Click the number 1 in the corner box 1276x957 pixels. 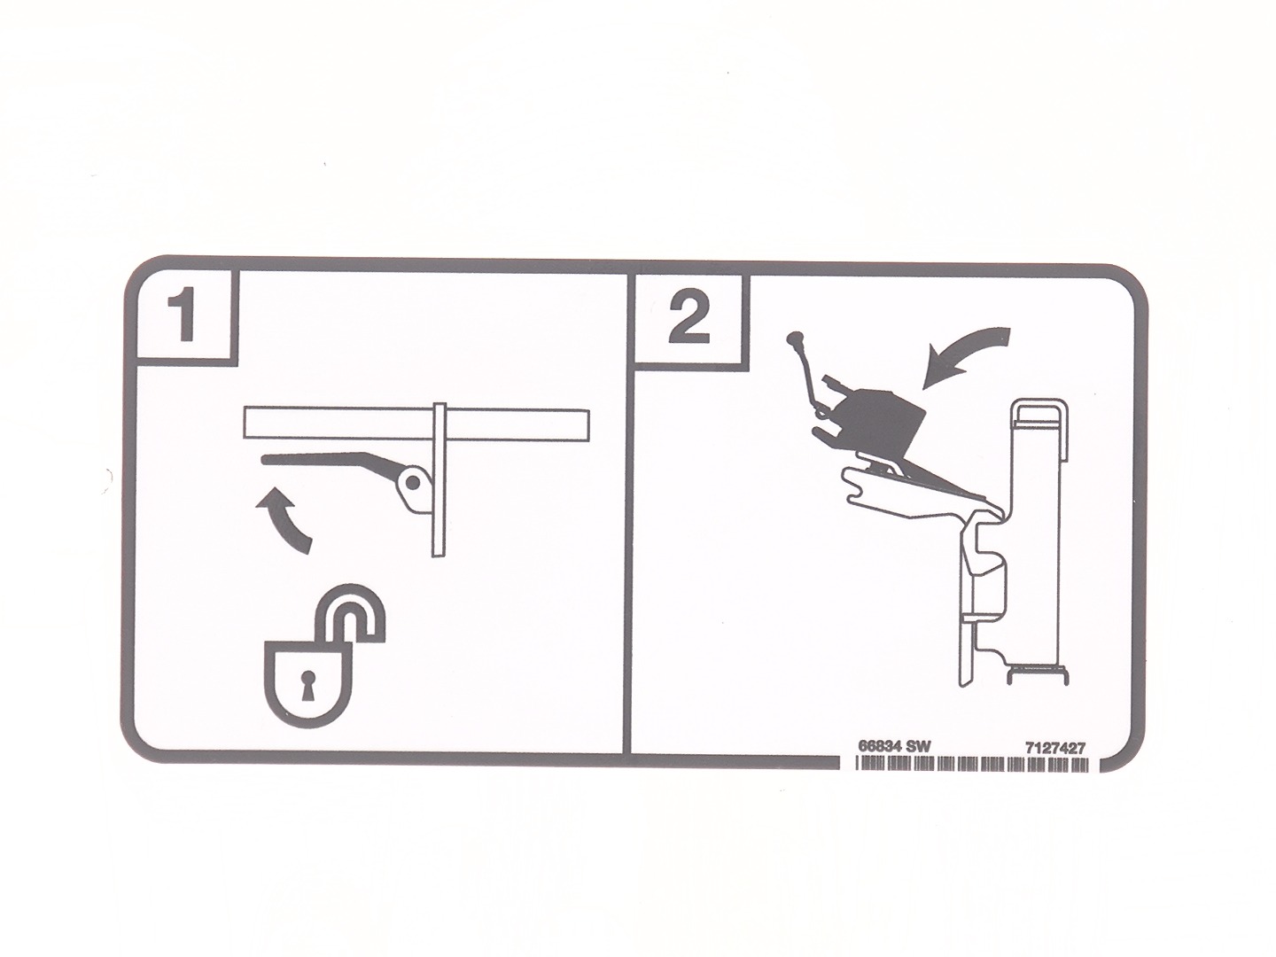tap(184, 317)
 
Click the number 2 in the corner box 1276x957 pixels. tap(689, 317)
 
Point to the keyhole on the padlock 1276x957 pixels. tap(307, 682)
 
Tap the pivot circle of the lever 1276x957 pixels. tap(412, 482)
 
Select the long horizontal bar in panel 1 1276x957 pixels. tap(416, 423)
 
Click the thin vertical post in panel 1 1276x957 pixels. tap(439, 480)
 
